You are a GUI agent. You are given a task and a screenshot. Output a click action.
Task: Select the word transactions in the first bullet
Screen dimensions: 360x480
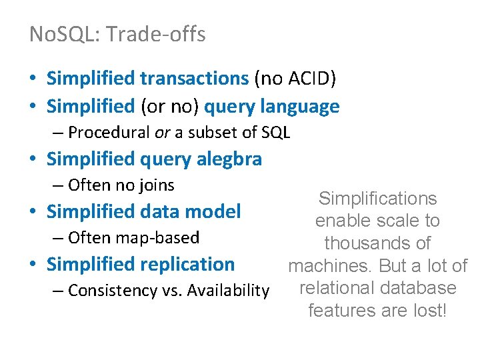[194, 79]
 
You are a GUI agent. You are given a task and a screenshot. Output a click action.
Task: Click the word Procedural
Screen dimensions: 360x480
[109, 132]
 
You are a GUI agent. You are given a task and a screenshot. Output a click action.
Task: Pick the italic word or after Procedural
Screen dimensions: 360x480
[162, 132]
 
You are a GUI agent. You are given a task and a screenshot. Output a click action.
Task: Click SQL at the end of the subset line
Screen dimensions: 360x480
[276, 132]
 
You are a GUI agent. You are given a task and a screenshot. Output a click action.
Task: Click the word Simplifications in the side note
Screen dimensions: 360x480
[377, 198]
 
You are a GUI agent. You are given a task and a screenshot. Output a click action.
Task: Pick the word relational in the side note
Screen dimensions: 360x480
[336, 288]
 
